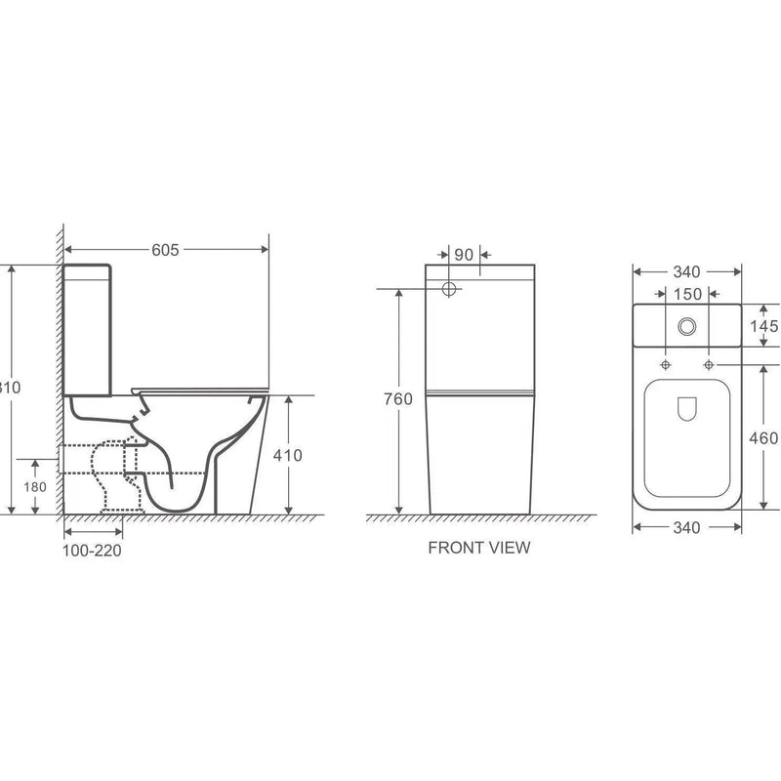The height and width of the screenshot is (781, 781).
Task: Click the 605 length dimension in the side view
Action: (x=166, y=250)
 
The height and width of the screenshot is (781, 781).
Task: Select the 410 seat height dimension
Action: (x=289, y=455)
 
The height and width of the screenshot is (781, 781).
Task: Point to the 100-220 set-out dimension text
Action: (x=93, y=549)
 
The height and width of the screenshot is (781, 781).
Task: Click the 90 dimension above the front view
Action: (x=464, y=254)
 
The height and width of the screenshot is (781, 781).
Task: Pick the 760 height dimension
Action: (x=398, y=398)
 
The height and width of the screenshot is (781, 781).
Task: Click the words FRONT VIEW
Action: (x=479, y=548)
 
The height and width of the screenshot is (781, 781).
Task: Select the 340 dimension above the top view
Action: (x=687, y=271)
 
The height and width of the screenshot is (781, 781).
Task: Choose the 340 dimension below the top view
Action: (x=687, y=528)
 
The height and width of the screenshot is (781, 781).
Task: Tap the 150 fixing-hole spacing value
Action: (x=687, y=294)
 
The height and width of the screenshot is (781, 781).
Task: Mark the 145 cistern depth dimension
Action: (x=765, y=325)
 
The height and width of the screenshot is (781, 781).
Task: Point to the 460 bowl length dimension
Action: (x=765, y=438)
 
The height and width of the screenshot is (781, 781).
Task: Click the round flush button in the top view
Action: (x=687, y=325)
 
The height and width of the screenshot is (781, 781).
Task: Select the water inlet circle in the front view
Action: (x=450, y=289)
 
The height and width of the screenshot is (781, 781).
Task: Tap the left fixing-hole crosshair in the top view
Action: (x=666, y=365)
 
